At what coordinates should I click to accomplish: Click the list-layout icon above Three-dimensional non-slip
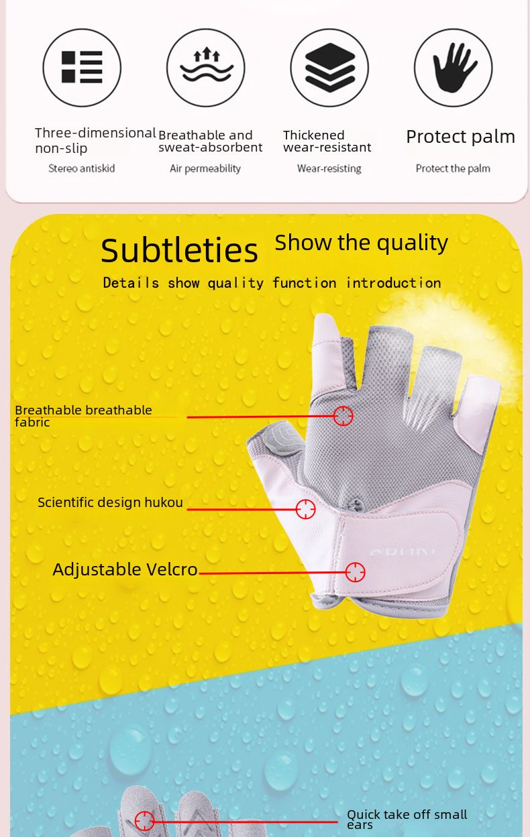[82, 67]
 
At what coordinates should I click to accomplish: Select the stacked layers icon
[329, 67]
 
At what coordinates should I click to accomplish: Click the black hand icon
[454, 67]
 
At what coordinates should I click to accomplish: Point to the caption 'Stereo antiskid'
[81, 168]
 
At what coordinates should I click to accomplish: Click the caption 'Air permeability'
[205, 168]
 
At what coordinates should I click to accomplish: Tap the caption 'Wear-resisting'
[329, 168]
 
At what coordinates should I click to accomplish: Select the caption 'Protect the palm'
[453, 168]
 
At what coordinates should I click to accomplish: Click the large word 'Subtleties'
[179, 250]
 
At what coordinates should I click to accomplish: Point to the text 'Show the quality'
[362, 243]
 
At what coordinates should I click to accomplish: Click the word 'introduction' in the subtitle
[394, 283]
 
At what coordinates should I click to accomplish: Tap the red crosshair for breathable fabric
[343, 416]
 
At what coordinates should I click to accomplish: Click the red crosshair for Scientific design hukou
[305, 509]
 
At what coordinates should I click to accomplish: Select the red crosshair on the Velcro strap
[355, 572]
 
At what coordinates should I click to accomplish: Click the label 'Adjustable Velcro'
[125, 570]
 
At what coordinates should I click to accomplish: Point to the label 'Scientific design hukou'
[110, 502]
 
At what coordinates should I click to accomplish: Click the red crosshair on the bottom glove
[145, 820]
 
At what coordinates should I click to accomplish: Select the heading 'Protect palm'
[460, 137]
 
